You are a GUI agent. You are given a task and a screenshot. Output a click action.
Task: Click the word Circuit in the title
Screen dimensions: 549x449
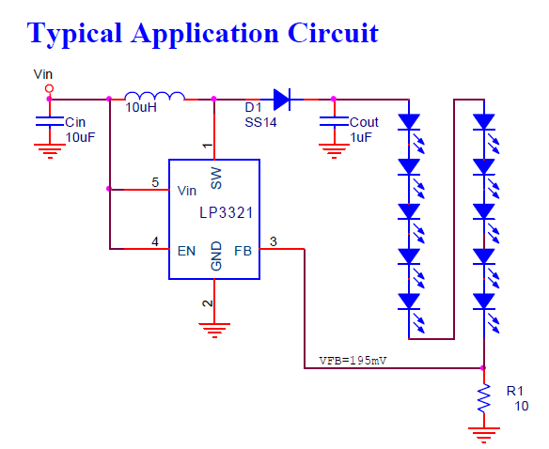[333, 33]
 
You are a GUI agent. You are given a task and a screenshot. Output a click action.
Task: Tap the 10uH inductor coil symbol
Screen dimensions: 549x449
[155, 96]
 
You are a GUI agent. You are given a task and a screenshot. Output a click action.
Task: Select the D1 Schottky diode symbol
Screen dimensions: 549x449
[282, 100]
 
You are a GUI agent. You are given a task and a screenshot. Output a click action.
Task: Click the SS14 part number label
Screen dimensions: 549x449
[260, 122]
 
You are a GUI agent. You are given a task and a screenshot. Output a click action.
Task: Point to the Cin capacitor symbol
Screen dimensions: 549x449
[50, 121]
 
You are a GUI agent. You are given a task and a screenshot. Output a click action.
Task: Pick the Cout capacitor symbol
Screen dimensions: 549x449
[334, 121]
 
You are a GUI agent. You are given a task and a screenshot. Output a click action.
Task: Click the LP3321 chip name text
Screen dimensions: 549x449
[226, 213]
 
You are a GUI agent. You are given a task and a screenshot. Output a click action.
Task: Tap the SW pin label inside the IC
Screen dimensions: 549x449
[216, 178]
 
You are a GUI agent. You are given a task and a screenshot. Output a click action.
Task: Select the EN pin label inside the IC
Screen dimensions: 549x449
[186, 251]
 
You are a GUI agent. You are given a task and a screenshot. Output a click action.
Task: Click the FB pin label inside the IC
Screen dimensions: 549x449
[243, 251]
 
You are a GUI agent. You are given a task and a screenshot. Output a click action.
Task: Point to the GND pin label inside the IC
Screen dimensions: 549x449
[216, 255]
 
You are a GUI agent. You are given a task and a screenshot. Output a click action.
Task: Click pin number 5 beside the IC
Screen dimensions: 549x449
[155, 182]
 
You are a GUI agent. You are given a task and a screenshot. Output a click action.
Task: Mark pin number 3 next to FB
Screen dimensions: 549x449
[274, 241]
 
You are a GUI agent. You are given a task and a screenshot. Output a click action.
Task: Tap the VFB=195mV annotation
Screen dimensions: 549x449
[353, 361]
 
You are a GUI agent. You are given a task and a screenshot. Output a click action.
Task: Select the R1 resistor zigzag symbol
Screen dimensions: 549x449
[484, 398]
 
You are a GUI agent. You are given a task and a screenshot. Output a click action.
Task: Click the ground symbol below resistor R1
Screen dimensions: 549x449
[484, 435]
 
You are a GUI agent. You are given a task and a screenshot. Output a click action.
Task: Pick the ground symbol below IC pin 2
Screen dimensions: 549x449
[214, 331]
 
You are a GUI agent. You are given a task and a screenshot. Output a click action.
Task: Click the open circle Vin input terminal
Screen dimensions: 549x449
[50, 88]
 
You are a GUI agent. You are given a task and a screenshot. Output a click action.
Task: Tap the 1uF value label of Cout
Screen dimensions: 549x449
[361, 137]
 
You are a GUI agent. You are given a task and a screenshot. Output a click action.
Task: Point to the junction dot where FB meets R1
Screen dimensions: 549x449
[483, 368]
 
